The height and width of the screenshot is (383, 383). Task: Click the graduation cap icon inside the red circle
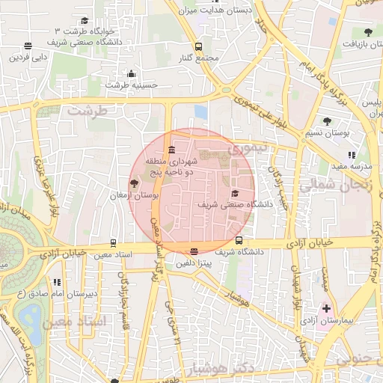point(235,193)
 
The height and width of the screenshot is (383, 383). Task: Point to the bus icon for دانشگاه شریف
point(239,241)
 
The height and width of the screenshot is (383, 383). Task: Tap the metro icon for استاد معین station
point(113,242)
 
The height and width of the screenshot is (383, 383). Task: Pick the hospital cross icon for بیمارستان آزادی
point(326,307)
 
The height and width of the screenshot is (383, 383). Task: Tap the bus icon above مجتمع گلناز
point(198,46)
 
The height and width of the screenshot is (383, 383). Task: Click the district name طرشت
point(88,110)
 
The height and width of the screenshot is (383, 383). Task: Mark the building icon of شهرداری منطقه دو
point(172,148)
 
